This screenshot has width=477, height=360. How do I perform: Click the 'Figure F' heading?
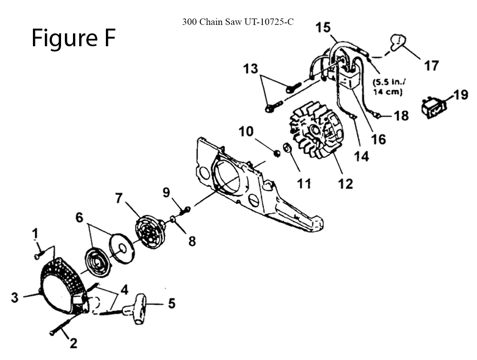pos(73,38)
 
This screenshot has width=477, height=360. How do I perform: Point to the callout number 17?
pos(431,65)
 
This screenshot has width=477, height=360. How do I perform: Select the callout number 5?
pos(170,303)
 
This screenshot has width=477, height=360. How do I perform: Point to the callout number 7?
pos(120,197)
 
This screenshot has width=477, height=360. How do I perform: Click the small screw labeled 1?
pos(37,257)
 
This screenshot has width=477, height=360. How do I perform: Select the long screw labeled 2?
pos(59,325)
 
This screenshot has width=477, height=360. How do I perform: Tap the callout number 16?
pos(379,139)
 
